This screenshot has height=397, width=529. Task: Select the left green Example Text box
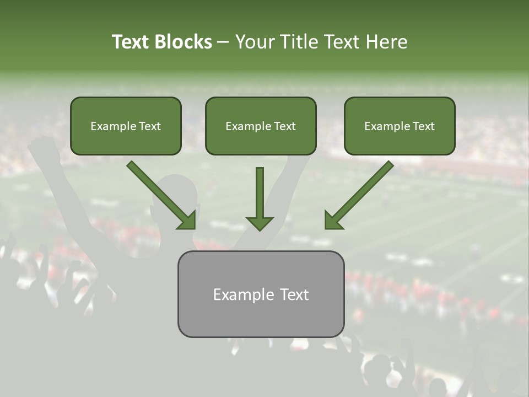click(x=126, y=126)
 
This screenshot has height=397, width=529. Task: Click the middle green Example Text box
click(x=261, y=126)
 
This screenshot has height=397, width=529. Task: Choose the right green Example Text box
click(x=400, y=126)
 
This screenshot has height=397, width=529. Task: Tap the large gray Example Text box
click(x=261, y=294)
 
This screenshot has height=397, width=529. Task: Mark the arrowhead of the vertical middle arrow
click(x=260, y=223)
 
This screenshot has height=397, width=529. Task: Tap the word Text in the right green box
click(x=424, y=126)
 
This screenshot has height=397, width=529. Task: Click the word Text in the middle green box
click(x=285, y=126)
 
